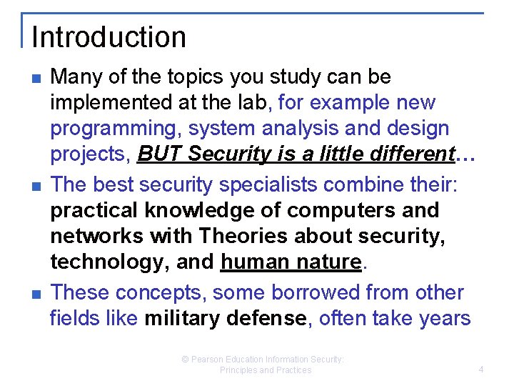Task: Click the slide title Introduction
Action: pos(109,37)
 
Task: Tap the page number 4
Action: pos(481,370)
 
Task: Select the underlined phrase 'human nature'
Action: pos(291,263)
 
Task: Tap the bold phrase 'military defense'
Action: pos(226,317)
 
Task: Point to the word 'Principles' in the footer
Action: pos(238,370)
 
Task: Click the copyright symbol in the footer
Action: pos(185,360)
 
